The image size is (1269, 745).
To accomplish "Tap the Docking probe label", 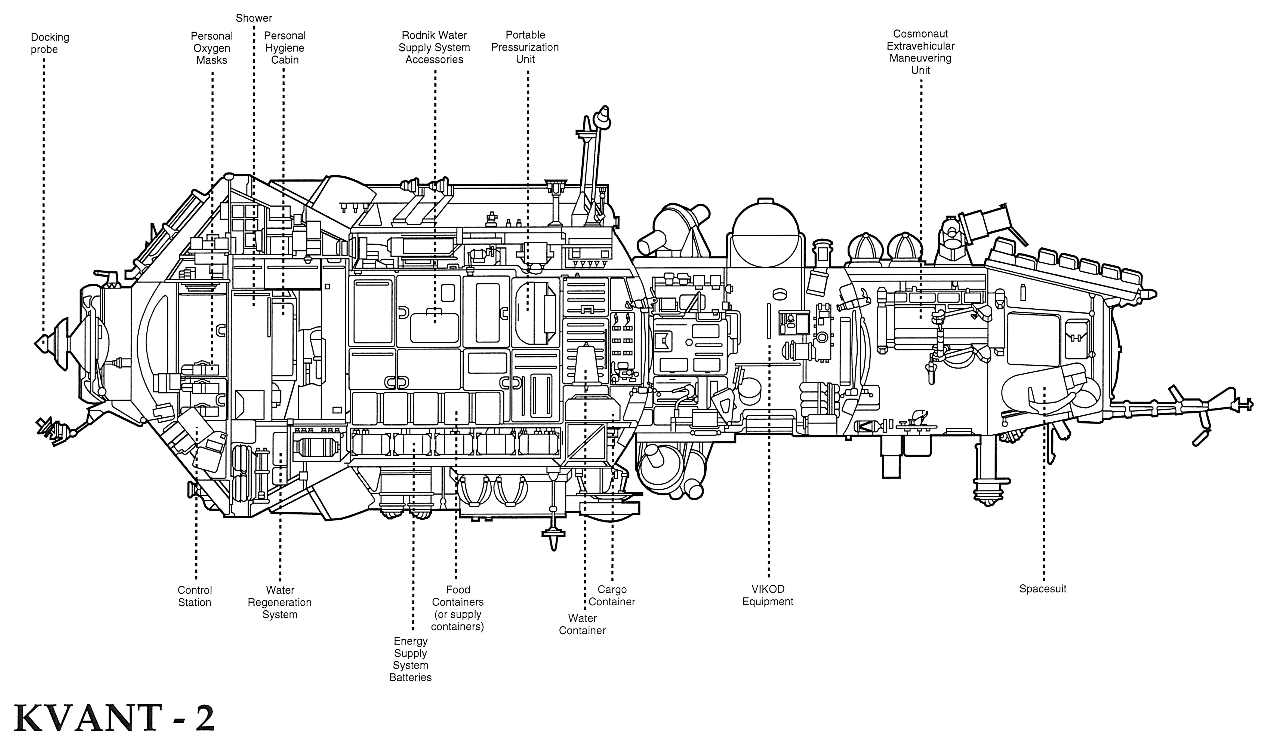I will pyautogui.click(x=50, y=43).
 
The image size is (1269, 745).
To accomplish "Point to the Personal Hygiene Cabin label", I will pyautogui.click(x=285, y=48).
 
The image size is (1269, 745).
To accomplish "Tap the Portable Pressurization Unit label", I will pyautogui.click(x=525, y=47).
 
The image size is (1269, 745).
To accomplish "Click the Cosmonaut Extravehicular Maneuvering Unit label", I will pyautogui.click(x=920, y=52).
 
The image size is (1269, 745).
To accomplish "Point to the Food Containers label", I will pyautogui.click(x=458, y=608).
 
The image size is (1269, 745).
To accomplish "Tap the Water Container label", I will pyautogui.click(x=582, y=625).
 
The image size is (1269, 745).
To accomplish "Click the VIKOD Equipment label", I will pyautogui.click(x=768, y=595).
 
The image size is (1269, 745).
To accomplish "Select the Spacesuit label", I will pyautogui.click(x=1043, y=589).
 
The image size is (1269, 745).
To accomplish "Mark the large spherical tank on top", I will pyautogui.click(x=765, y=237).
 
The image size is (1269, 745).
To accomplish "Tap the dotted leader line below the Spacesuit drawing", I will pyautogui.click(x=1044, y=504).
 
